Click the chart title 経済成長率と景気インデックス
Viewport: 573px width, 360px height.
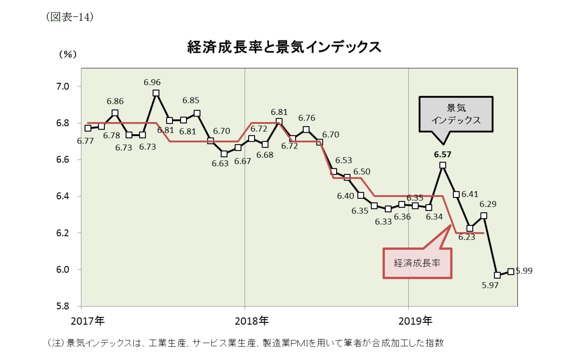[284, 47]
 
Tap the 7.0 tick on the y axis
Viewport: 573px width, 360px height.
[63, 86]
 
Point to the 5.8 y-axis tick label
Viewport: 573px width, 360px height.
[63, 306]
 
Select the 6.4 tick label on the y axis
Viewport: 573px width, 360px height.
[63, 196]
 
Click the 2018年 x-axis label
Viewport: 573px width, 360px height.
[252, 321]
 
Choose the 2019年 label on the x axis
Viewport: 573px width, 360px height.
[415, 321]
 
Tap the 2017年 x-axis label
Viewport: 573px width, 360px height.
[88, 321]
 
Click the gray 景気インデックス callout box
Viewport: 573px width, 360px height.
[456, 114]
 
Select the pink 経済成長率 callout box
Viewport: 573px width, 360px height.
[417, 263]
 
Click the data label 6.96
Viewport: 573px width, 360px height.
[152, 82]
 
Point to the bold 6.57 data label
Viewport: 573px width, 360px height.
[443, 155]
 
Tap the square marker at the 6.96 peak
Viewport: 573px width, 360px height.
[156, 93]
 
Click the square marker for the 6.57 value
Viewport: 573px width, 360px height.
[443, 166]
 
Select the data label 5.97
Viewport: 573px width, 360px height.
[490, 285]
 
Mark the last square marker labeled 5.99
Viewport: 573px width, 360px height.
[511, 271]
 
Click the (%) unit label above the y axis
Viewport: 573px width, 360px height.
[67, 54]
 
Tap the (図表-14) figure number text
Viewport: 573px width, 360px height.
[70, 17]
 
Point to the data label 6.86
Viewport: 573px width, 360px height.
[115, 101]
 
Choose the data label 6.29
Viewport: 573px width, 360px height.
[488, 204]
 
